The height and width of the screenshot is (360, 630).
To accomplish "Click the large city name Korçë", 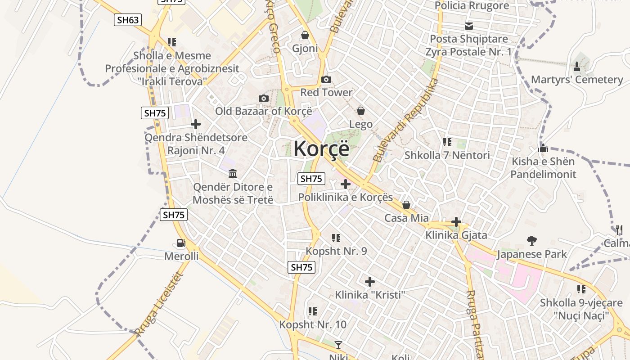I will (x=321, y=149).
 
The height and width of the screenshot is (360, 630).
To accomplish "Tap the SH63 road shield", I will (x=128, y=20).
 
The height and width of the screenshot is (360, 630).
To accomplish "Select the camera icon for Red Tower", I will (x=326, y=80).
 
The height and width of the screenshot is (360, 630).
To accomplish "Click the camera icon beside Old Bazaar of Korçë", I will (x=264, y=98).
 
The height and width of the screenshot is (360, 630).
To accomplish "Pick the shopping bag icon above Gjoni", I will (x=305, y=35).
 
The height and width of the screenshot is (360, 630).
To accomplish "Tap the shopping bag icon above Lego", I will (x=360, y=111).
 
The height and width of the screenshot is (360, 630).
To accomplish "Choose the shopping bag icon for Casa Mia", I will (x=406, y=205).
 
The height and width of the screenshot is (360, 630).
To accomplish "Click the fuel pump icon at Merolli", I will (x=181, y=243).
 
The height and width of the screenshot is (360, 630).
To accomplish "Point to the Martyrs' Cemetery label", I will (x=577, y=80).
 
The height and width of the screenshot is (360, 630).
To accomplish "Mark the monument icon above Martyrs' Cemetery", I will (x=577, y=67).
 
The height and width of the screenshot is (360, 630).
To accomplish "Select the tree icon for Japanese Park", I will (x=532, y=241).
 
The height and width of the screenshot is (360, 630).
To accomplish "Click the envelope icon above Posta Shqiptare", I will (x=469, y=26).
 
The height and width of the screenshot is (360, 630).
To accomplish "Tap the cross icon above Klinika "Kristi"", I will (x=370, y=282).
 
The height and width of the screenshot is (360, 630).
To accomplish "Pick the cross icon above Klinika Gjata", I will (x=456, y=222).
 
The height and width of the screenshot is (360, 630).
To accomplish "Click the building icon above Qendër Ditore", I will (x=233, y=174).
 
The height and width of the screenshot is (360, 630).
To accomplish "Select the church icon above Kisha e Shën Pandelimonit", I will (x=543, y=148).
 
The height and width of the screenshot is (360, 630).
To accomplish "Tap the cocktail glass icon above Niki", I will (x=338, y=345).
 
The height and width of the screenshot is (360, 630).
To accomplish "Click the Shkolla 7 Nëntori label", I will (x=447, y=155).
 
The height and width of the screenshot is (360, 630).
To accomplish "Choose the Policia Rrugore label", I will (x=472, y=6).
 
